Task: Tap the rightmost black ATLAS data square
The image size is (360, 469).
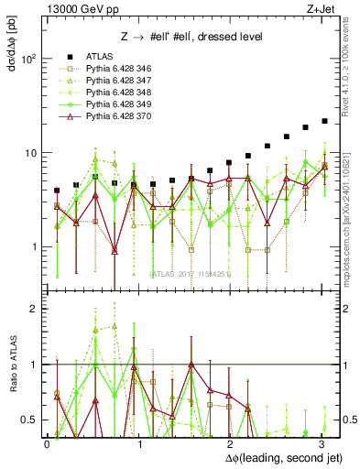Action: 324,121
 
